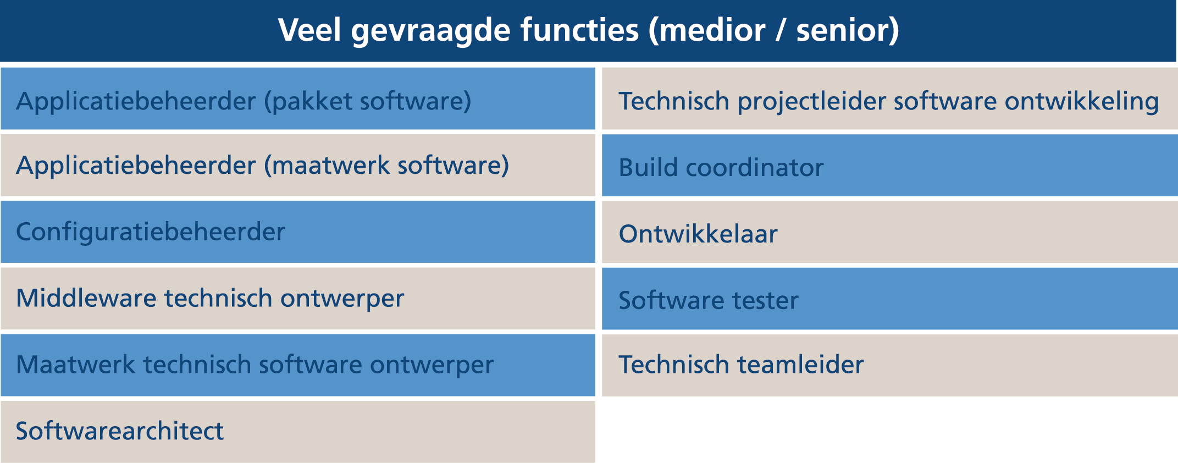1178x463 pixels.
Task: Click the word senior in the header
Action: click(841, 31)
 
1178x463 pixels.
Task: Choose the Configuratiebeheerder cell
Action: click(298, 232)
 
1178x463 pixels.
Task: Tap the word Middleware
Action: click(86, 298)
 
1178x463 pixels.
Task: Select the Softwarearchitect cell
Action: click(298, 432)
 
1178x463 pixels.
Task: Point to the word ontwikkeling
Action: click(1082, 101)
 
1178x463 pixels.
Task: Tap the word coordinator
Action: click(755, 168)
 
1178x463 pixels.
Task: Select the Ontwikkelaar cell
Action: click(890, 232)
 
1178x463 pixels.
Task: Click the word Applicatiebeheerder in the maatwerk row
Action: click(136, 165)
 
